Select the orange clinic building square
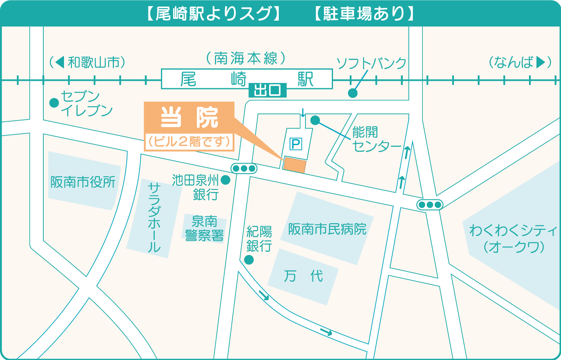tap(295, 164)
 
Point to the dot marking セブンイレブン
tap(54, 103)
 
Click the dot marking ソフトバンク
tap(352, 93)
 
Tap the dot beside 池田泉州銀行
tap(226, 180)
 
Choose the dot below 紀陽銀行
tap(249, 260)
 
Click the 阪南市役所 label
tap(83, 182)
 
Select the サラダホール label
tap(154, 218)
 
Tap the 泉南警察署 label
tap(205, 228)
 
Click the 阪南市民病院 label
tap(327, 229)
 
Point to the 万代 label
tap(303, 276)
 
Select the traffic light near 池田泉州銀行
tap(244, 168)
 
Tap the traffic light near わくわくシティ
tap(430, 204)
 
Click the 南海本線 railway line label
tap(246, 58)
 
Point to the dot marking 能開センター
tap(315, 120)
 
